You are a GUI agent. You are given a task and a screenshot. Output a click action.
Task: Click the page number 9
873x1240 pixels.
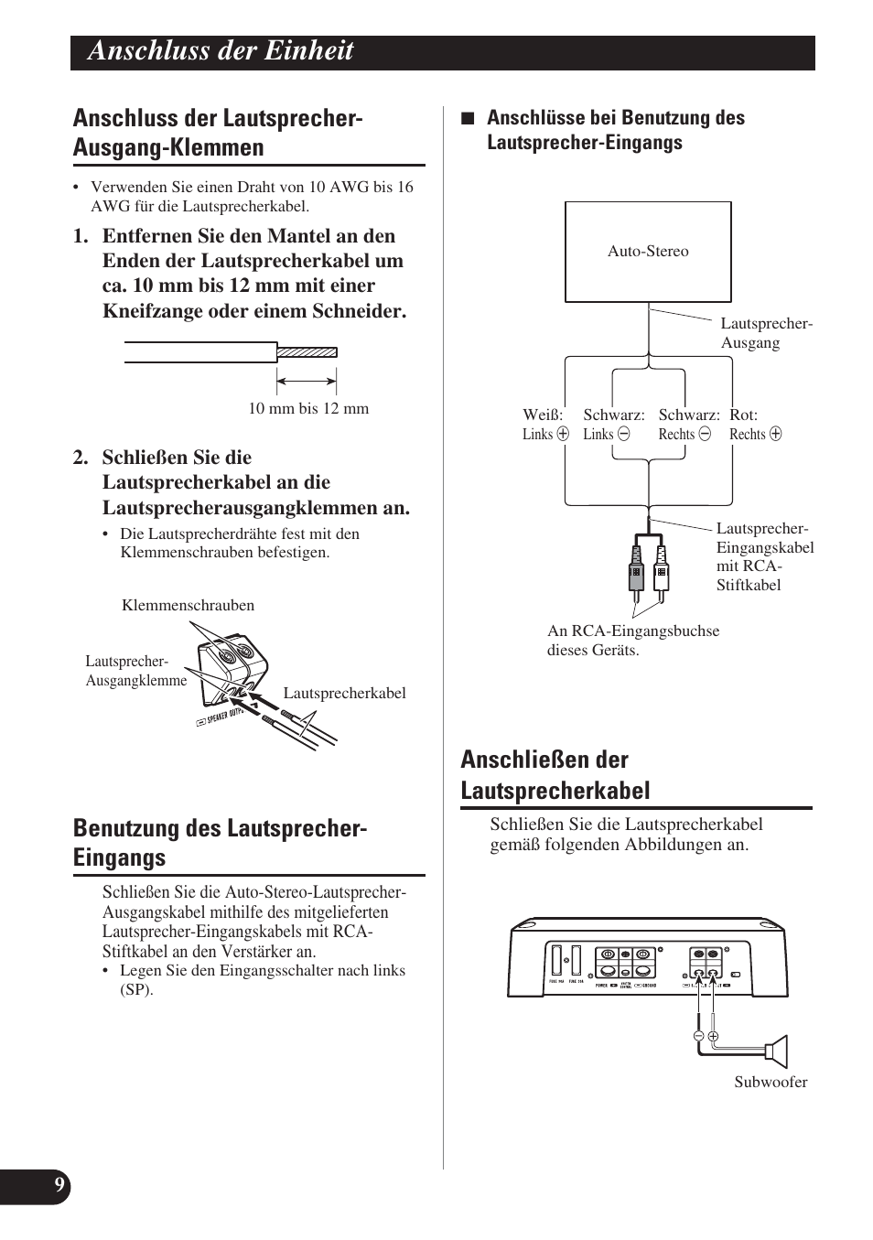[59, 1186]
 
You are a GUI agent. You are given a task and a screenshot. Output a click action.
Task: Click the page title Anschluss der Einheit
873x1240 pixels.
[221, 51]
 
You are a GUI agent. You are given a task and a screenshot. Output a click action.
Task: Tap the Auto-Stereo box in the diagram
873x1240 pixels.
[648, 252]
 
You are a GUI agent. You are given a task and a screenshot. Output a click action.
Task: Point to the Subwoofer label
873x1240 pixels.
[771, 1082]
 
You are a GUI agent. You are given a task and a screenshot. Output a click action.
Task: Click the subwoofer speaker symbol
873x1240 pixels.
[777, 1051]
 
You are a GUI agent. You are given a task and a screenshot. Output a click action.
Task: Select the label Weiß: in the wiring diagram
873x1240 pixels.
[543, 415]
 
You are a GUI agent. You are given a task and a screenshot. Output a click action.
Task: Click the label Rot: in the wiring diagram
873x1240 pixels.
[743, 415]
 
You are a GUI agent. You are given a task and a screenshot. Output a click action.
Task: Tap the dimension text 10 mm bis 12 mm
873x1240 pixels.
[308, 408]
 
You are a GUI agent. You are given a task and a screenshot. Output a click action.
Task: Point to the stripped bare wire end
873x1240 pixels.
[307, 351]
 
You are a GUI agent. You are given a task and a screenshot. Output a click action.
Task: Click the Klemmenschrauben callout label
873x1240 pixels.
[188, 605]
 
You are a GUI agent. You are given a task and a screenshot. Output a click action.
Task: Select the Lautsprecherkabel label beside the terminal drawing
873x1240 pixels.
[344, 693]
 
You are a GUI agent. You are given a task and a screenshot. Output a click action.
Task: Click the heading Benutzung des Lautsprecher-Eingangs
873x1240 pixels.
[221, 842]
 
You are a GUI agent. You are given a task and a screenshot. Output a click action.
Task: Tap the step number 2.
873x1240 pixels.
[81, 458]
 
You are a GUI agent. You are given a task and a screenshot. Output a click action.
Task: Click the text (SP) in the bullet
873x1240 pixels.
[136, 989]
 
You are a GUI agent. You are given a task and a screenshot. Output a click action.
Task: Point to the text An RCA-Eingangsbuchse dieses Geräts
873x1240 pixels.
[633, 641]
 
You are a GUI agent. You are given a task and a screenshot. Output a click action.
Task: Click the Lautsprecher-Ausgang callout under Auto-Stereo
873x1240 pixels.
[765, 333]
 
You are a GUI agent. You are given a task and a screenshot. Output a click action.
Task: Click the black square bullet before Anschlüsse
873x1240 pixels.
[467, 118]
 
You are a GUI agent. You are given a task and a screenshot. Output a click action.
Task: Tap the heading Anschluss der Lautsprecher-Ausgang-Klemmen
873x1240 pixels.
[218, 133]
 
